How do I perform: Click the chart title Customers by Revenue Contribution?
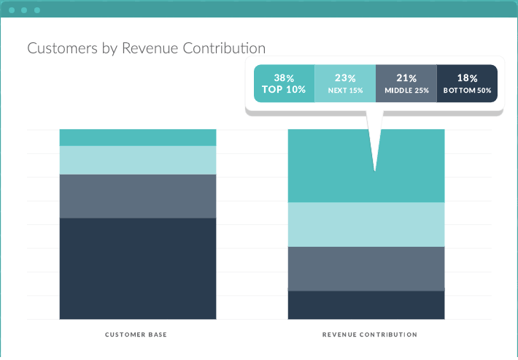pyautogui.click(x=146, y=48)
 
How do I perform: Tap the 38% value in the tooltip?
pyautogui.click(x=284, y=77)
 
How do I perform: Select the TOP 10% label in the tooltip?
pyautogui.click(x=284, y=90)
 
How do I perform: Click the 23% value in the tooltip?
pyautogui.click(x=345, y=77)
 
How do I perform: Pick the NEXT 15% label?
pyautogui.click(x=345, y=91)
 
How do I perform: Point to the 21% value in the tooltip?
pyautogui.click(x=406, y=77)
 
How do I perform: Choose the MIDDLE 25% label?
pyautogui.click(x=406, y=91)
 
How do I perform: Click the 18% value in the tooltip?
pyautogui.click(x=467, y=77)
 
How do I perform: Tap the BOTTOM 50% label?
pyautogui.click(x=467, y=91)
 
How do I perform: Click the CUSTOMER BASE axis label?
pyautogui.click(x=137, y=334)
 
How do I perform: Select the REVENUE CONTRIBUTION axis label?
pyautogui.click(x=370, y=334)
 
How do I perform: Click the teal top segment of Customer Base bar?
pyautogui.click(x=137, y=137)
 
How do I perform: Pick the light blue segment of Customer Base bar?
pyautogui.click(x=137, y=160)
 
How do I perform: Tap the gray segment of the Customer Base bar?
pyautogui.click(x=137, y=196)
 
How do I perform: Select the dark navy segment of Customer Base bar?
pyautogui.click(x=137, y=268)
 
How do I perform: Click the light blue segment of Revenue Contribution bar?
pyautogui.click(x=366, y=224)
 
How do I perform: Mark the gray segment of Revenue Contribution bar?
pyautogui.click(x=366, y=268)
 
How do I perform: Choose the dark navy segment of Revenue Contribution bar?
pyautogui.click(x=366, y=305)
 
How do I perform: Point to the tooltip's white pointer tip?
pyautogui.click(x=375, y=169)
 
